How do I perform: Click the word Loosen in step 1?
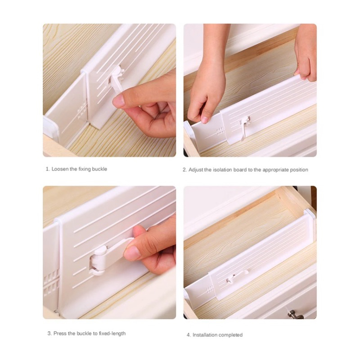60,169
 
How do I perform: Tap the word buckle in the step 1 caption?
99,169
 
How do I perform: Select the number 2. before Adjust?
184,170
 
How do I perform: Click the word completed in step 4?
230,335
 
